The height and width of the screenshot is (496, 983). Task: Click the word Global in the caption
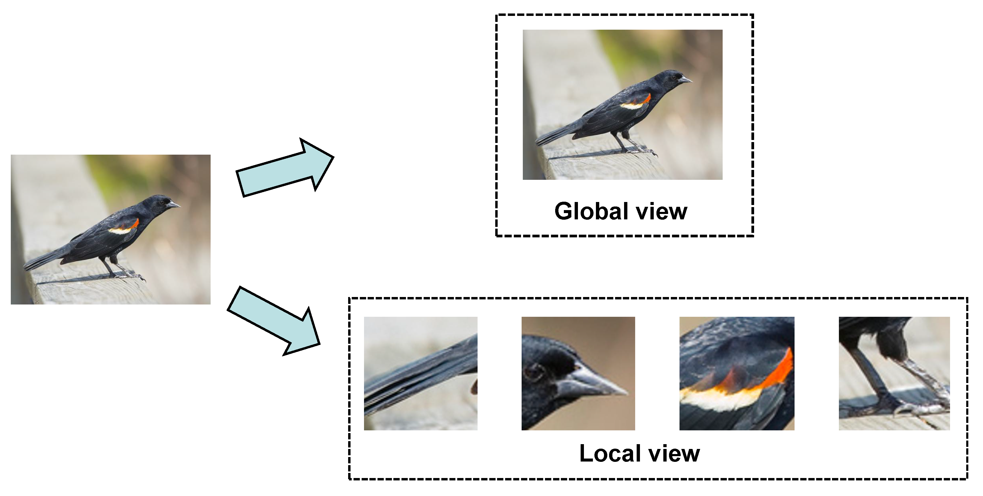[x=591, y=211]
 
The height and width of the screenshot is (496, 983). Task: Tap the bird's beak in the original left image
[x=174, y=205]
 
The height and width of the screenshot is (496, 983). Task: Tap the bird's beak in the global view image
[x=685, y=80]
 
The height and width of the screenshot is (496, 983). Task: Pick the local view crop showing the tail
[x=421, y=373]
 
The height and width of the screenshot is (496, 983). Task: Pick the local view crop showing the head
[x=578, y=373]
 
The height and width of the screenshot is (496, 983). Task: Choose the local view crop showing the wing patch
[x=736, y=373]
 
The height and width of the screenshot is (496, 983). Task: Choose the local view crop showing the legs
[x=894, y=373]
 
